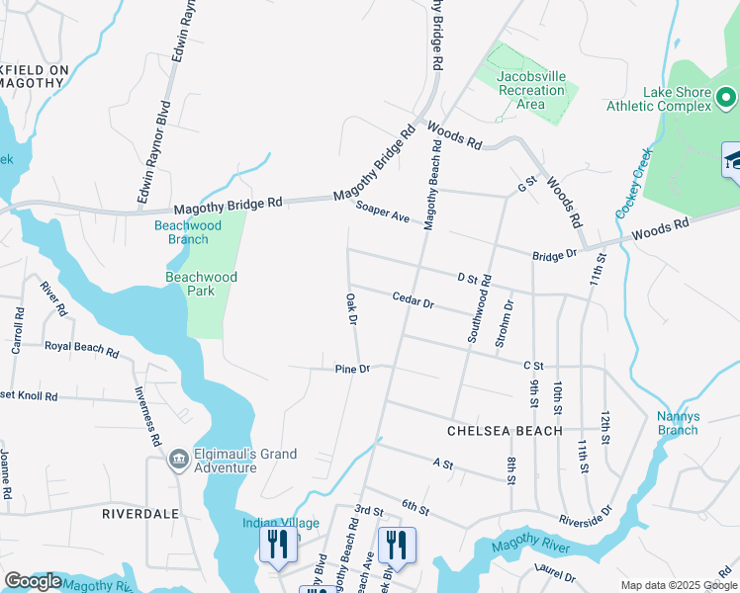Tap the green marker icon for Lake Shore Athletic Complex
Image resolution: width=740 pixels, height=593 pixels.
(x=725, y=97)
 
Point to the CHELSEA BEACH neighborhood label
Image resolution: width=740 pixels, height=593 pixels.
(x=505, y=431)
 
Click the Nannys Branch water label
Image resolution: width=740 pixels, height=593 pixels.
(x=678, y=423)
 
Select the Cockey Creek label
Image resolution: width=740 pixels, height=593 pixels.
(x=632, y=184)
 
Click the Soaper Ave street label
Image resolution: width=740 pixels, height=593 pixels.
(x=383, y=212)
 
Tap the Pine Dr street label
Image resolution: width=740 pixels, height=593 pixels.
(x=352, y=369)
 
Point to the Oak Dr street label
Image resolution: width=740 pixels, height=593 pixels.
(x=351, y=308)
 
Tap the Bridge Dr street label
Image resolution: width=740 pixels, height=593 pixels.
(x=554, y=254)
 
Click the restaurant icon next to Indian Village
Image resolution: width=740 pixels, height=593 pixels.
(x=277, y=545)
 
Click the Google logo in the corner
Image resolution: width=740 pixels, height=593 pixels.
(x=34, y=582)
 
